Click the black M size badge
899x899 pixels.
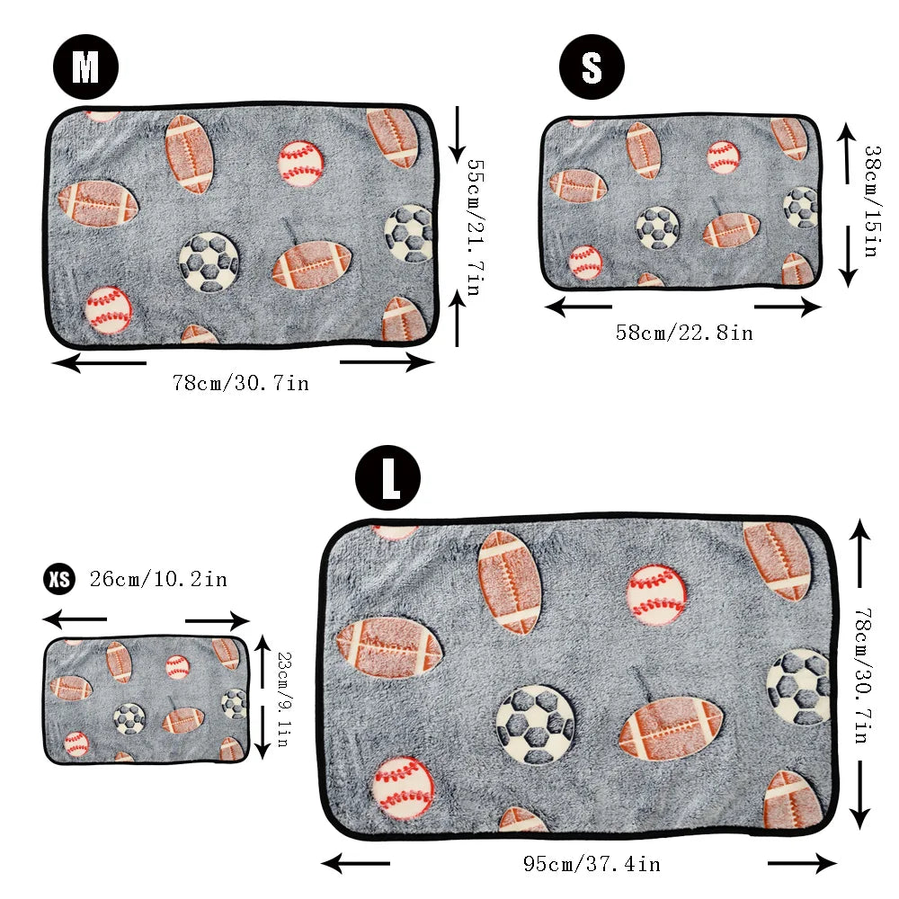point(85,67)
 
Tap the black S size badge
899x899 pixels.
point(592,67)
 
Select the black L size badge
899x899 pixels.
point(388,481)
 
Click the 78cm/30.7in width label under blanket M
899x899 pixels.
point(241,383)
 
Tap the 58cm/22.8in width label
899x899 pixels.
point(684,333)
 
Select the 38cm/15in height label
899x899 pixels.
point(869,201)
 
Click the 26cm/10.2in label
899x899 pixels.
point(158,579)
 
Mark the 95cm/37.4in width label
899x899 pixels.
point(592,865)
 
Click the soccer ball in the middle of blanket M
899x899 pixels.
point(209,263)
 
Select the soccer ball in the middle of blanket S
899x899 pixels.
point(657,227)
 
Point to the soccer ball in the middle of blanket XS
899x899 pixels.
point(129,717)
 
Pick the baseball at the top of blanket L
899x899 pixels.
point(656,594)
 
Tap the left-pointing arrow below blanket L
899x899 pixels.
point(355,865)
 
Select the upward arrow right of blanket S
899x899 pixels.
point(846,153)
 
